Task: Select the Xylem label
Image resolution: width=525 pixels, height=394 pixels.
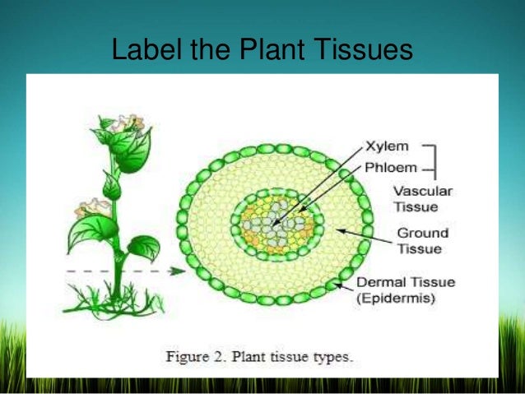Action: [387, 147]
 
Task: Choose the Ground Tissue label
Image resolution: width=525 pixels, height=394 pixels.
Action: [420, 240]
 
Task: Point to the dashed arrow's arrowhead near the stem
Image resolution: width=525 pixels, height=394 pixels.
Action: [179, 269]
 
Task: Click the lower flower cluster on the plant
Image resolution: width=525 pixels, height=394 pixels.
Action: [92, 208]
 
